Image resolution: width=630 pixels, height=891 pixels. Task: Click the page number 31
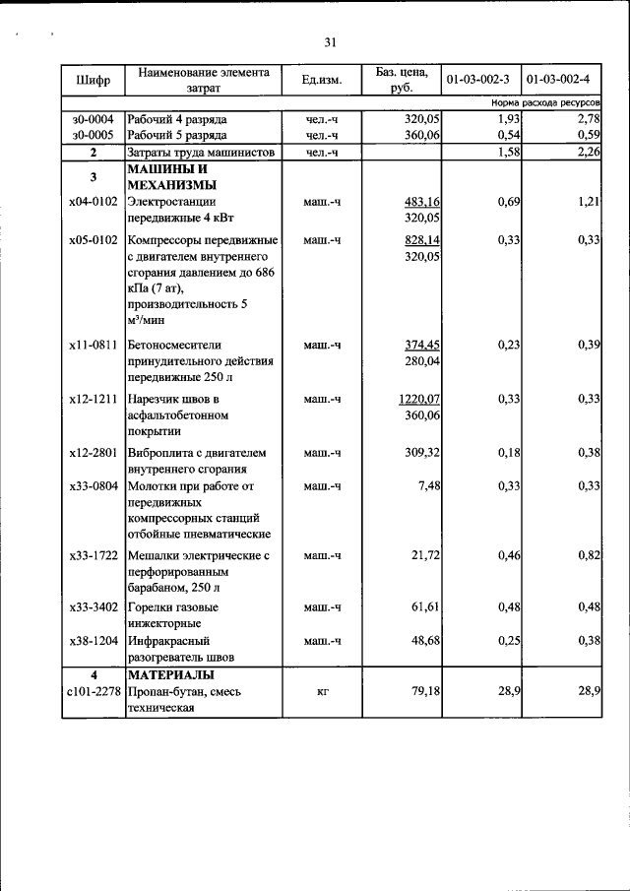point(330,41)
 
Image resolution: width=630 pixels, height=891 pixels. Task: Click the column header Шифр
point(92,80)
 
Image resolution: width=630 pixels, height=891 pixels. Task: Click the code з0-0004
point(93,119)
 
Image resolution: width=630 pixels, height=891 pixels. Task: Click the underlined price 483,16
point(421,202)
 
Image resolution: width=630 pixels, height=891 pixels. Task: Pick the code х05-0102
point(93,240)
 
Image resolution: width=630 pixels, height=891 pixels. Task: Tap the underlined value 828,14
point(421,240)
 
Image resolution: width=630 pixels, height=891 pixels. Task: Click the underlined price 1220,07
point(418,399)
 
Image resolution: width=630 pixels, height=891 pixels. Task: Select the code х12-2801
point(93,453)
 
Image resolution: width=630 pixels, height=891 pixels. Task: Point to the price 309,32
point(422,453)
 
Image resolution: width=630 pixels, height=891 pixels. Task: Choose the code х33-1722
point(93,556)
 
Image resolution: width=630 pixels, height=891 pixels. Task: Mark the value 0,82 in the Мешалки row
point(589,556)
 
